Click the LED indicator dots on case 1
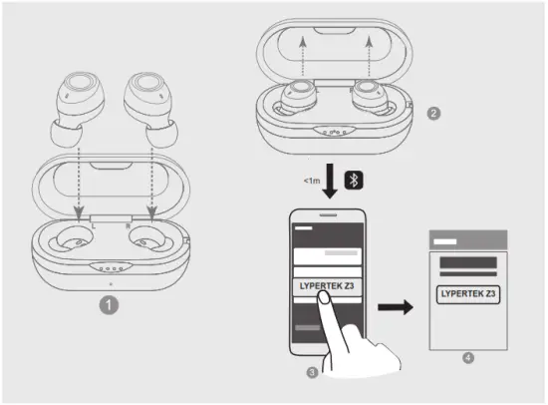(111, 266)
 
